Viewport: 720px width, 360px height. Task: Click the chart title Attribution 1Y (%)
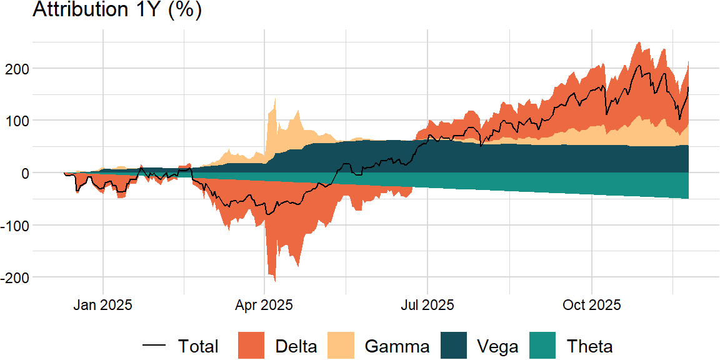(116, 10)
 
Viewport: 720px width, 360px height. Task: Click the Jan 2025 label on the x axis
(102, 305)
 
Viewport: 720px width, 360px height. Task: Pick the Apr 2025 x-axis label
(264, 305)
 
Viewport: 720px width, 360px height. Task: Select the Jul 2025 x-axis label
(427, 305)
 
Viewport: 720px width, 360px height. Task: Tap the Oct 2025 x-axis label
(591, 305)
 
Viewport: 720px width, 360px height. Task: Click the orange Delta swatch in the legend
(252, 346)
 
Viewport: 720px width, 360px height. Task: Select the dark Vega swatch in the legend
(454, 346)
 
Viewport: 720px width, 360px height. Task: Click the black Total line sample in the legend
(154, 346)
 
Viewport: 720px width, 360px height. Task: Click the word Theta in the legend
(589, 346)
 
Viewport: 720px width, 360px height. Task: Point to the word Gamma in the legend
(397, 346)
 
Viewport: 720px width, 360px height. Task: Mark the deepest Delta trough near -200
(274, 279)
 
